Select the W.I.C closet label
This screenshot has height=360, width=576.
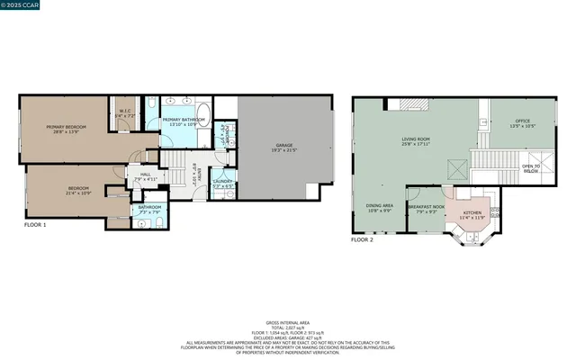(125, 114)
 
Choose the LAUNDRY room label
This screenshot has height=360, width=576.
(222, 184)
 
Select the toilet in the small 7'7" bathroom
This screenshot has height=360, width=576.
(157, 220)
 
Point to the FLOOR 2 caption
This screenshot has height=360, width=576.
(362, 240)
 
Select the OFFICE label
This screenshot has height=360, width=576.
(523, 123)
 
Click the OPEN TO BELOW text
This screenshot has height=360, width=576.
(531, 168)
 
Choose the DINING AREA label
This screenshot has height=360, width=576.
(379, 209)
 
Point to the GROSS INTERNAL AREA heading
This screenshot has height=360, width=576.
(288, 321)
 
